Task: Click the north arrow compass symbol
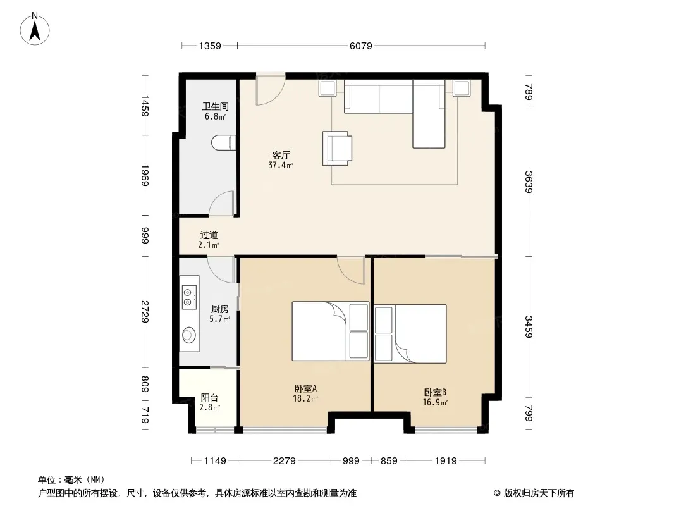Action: [35, 29]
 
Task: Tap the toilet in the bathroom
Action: [224, 143]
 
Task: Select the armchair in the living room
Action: [338, 148]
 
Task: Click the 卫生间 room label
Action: [216, 106]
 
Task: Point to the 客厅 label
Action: [281, 155]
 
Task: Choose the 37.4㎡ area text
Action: [281, 165]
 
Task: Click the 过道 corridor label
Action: [209, 235]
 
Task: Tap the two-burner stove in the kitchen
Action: [189, 297]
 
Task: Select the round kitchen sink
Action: [188, 335]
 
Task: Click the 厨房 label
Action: [219, 309]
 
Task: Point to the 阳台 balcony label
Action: [209, 397]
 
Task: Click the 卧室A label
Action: [305, 388]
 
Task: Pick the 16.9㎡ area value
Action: [435, 402]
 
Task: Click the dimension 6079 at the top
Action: [360, 46]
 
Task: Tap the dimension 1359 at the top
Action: [210, 46]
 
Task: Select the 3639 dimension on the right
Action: [529, 182]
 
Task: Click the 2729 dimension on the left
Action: [145, 312]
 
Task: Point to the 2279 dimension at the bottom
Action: [284, 461]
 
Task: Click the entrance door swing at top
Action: [270, 89]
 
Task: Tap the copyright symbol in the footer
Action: [497, 493]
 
